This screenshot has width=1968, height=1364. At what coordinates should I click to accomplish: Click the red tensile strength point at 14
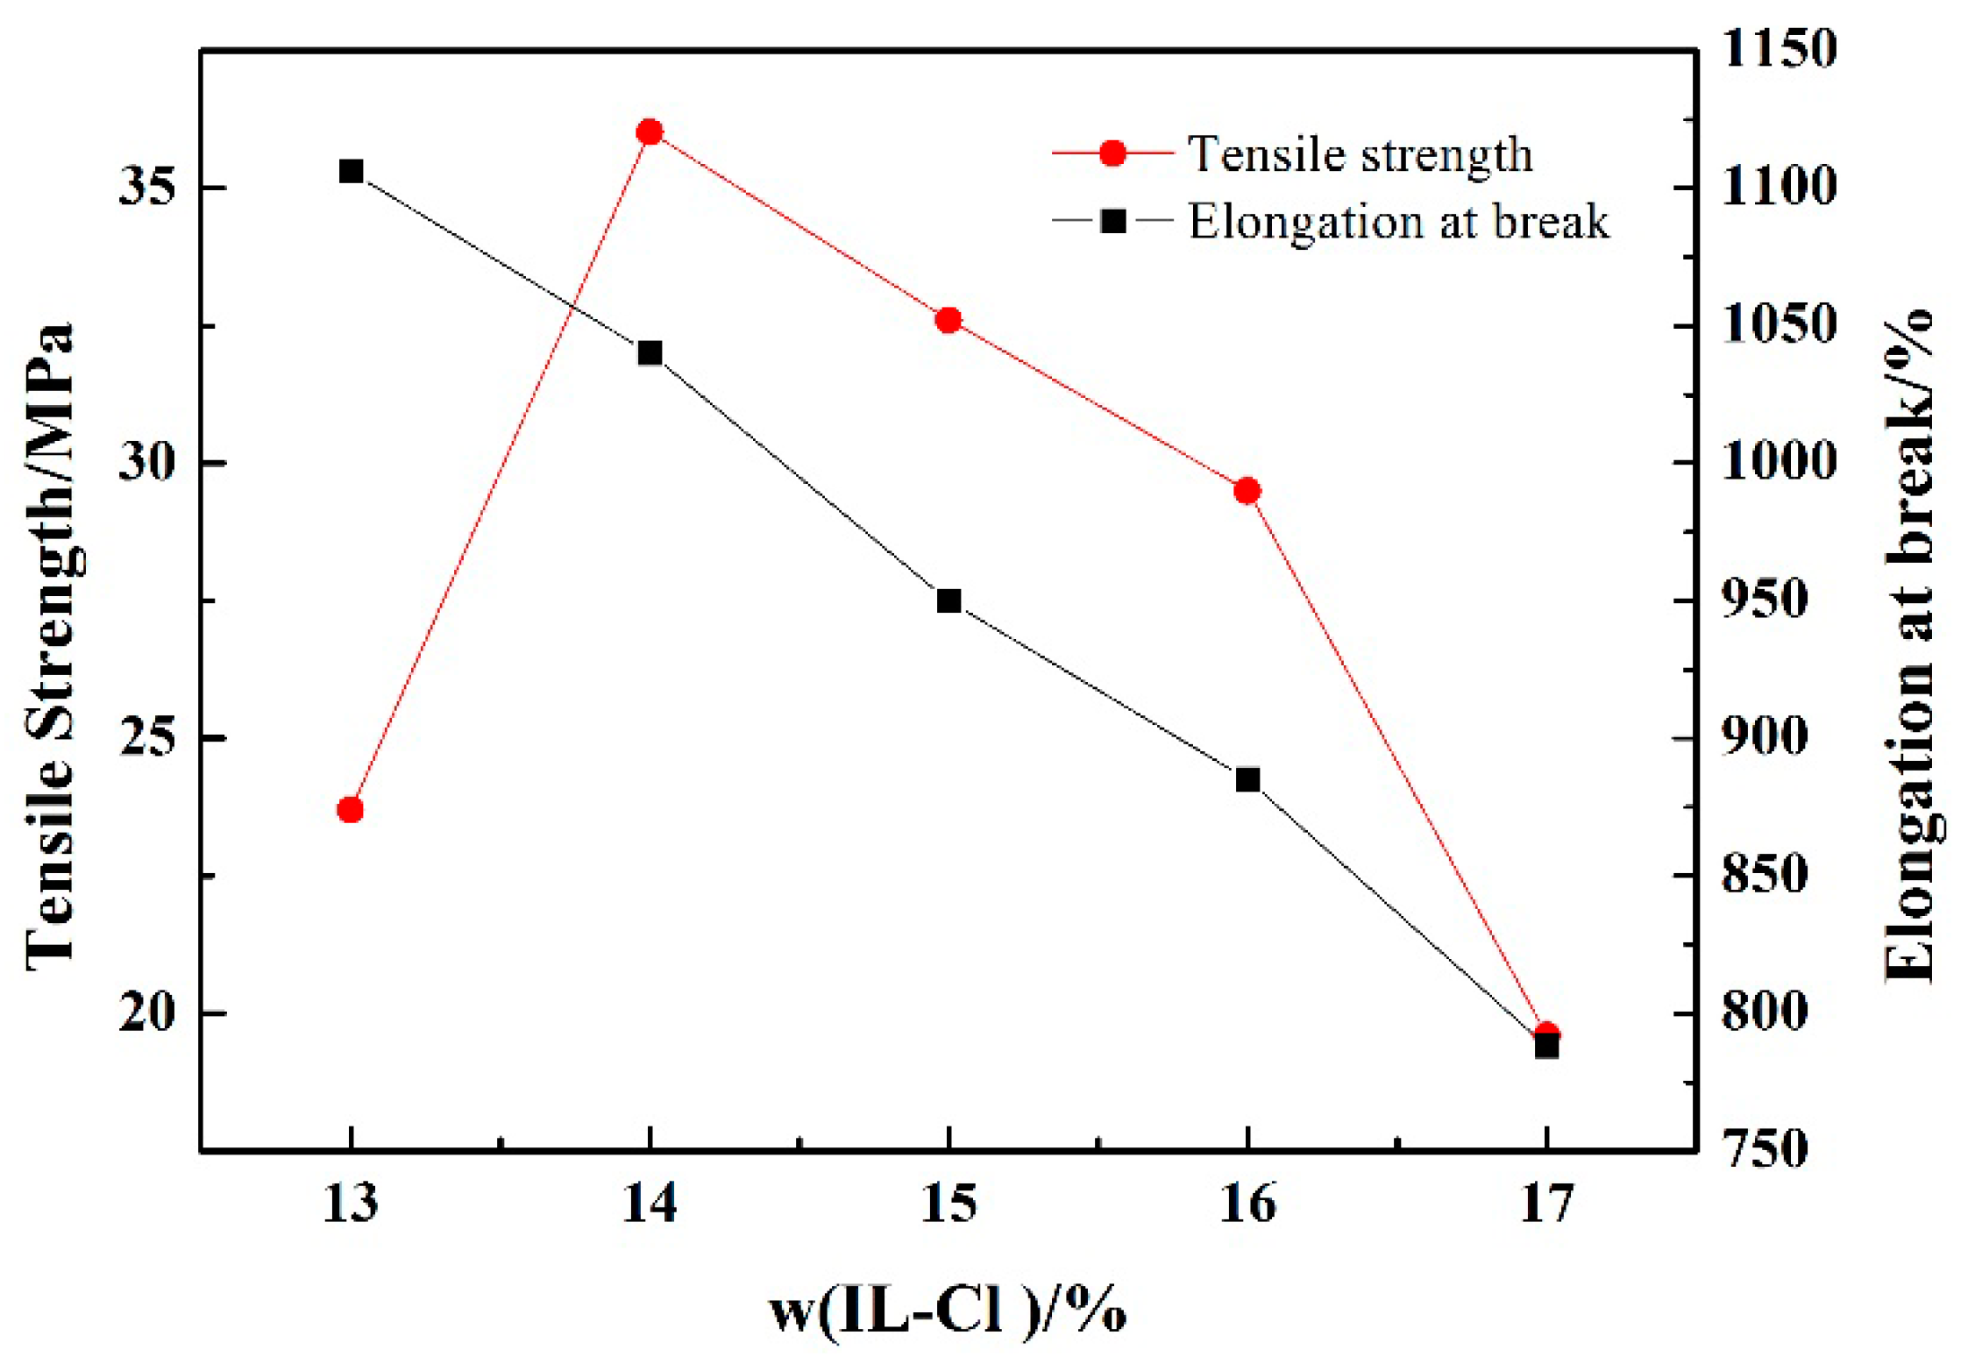[650, 132]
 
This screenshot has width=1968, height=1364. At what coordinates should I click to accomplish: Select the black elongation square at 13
[352, 171]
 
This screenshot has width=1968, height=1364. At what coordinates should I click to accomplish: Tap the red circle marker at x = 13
[351, 809]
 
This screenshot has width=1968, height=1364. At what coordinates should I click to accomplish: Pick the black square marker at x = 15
[948, 601]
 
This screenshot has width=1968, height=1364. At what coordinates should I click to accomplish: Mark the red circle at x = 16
[1247, 491]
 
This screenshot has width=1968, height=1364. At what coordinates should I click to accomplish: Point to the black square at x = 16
[1247, 779]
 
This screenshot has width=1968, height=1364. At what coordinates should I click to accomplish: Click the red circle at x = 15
[948, 320]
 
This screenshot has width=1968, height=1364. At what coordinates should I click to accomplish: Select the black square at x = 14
[650, 353]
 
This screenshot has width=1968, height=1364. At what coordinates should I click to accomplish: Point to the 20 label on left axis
[146, 1012]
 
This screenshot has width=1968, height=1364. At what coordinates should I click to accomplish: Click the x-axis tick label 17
[1545, 1203]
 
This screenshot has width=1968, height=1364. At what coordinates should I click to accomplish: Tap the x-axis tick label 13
[351, 1203]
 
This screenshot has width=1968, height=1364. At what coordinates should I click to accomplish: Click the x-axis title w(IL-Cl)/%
[947, 1311]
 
